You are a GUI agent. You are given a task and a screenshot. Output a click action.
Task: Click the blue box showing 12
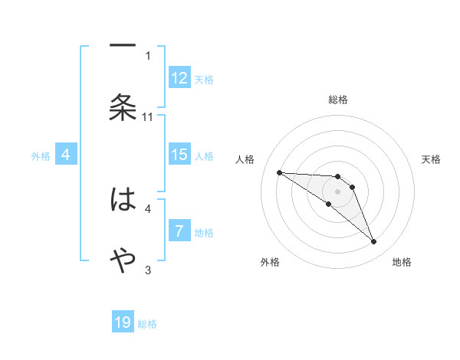click(179, 78)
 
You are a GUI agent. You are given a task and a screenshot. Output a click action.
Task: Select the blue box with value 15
click(179, 155)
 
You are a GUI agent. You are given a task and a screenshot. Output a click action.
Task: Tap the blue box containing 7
click(179, 231)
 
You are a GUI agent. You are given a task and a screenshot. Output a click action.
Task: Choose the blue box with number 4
click(66, 155)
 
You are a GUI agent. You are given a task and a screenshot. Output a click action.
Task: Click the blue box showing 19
click(123, 322)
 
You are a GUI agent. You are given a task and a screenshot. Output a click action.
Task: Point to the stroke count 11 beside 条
click(148, 116)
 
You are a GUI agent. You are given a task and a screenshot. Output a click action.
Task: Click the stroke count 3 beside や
click(148, 270)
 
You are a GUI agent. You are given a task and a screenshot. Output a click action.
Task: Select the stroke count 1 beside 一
click(148, 55)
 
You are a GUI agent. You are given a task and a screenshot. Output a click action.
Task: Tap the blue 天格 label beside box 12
click(204, 79)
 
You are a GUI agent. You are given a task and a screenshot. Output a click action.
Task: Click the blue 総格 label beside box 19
click(147, 324)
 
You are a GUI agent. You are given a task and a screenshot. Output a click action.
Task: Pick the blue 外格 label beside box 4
click(41, 156)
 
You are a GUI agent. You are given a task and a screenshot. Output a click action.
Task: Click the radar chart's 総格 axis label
click(338, 100)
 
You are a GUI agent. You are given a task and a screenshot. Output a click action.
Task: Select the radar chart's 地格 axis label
click(402, 262)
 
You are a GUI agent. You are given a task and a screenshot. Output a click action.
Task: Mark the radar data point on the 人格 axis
click(279, 172)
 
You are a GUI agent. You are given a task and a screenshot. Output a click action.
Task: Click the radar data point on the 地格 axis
click(373, 242)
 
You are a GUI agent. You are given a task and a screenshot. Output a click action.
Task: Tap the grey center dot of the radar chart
click(338, 191)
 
